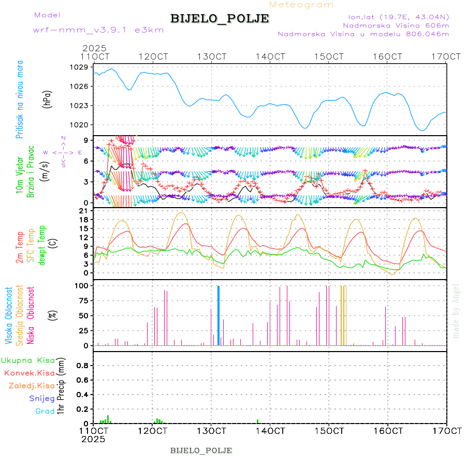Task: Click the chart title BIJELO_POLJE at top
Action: [220, 19]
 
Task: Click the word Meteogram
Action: [302, 5]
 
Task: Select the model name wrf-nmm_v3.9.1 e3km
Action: [98, 30]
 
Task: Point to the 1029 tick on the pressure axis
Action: [79, 67]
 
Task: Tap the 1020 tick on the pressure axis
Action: [79, 125]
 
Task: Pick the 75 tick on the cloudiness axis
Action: [82, 300]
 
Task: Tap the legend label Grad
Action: [45, 412]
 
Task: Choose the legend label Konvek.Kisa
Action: [30, 373]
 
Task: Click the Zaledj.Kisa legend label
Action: [32, 386]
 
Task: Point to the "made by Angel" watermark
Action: [456, 310]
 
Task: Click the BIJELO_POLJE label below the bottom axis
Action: [201, 450]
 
